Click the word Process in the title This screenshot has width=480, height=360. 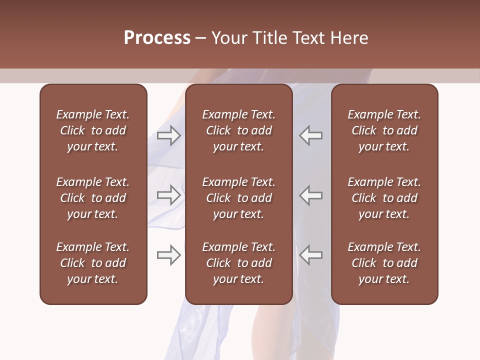click(x=157, y=38)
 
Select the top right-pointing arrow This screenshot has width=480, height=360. click(x=168, y=135)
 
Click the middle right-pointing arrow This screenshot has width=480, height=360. click(x=168, y=195)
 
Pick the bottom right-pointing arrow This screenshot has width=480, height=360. click(x=168, y=255)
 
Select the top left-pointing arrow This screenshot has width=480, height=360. click(x=311, y=135)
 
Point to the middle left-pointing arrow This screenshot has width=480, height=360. click(x=311, y=195)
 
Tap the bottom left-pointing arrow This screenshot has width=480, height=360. click(x=311, y=255)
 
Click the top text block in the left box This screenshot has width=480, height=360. click(x=93, y=130)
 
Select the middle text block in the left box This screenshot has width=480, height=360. click(x=93, y=198)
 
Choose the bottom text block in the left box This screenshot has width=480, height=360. click(x=93, y=263)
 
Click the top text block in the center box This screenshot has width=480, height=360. click(x=238, y=130)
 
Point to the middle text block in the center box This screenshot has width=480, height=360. click(x=238, y=198)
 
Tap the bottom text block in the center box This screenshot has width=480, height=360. click(x=238, y=263)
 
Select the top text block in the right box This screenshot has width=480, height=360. click(x=384, y=130)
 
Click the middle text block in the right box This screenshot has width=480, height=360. click(x=384, y=198)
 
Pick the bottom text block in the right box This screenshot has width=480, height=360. click(x=384, y=263)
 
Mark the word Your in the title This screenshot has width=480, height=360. click(x=228, y=38)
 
